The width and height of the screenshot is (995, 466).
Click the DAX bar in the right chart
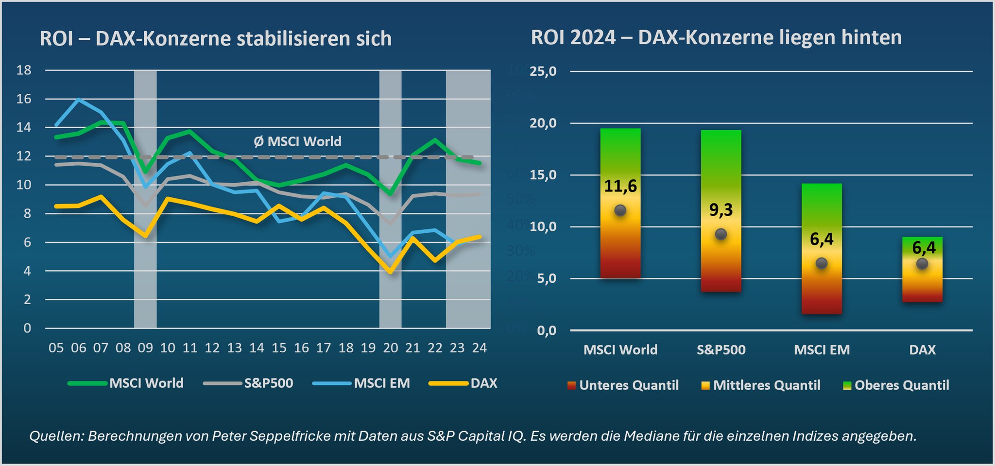pyautogui.click(x=922, y=270)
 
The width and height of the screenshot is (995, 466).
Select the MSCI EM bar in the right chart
pyautogui.click(x=822, y=249)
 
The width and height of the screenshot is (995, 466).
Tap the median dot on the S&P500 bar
pyautogui.click(x=721, y=234)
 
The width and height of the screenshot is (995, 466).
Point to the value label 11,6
pyautogui.click(x=620, y=186)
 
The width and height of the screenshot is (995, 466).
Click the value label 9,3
pyautogui.click(x=721, y=210)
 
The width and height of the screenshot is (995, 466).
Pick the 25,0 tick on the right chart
pyautogui.click(x=543, y=71)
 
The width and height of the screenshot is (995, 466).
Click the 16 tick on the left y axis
pyautogui.click(x=24, y=99)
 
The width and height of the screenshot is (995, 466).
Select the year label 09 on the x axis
pyautogui.click(x=145, y=348)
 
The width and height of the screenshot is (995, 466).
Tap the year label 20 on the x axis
pyautogui.click(x=391, y=348)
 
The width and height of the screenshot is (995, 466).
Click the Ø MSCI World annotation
pyautogui.click(x=297, y=141)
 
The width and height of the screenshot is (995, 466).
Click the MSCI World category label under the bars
pyautogui.click(x=620, y=350)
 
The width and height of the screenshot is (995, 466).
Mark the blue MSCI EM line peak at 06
pyautogui.click(x=79, y=99)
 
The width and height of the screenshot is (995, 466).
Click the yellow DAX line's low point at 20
pyautogui.click(x=390, y=272)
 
